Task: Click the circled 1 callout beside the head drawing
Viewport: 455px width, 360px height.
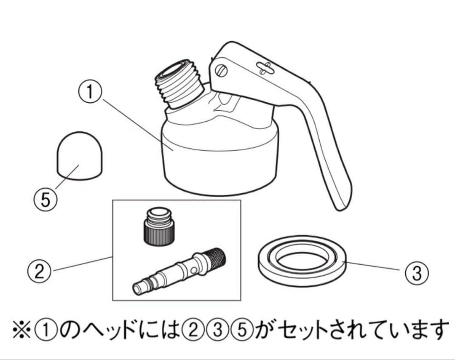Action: pos(89,93)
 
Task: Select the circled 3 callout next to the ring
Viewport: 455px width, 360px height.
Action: pos(416,273)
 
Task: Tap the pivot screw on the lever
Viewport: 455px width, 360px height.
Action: pos(222,70)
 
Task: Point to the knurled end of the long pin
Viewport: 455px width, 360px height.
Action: pos(214,258)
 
